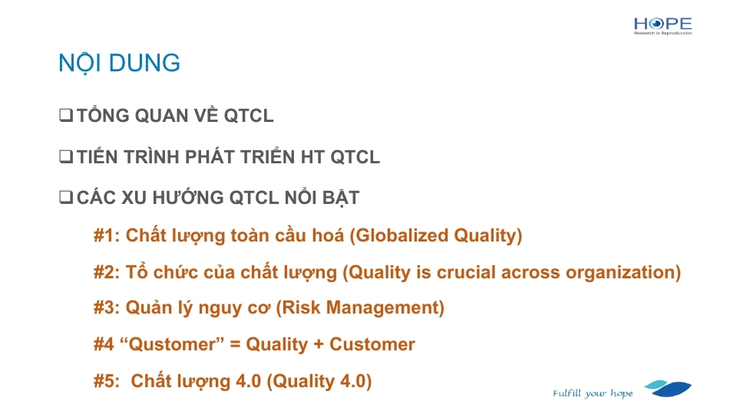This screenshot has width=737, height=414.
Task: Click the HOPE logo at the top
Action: coord(663,26)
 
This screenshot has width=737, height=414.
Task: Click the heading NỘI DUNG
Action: coord(119,64)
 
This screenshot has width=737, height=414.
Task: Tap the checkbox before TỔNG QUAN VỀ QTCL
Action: coord(66,115)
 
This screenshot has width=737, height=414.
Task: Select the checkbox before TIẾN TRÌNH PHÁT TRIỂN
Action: coord(66,156)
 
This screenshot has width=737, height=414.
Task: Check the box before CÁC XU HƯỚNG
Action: coord(66,197)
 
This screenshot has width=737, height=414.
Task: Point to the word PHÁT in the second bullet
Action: coord(209,156)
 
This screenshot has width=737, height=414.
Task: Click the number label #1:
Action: coord(107,235)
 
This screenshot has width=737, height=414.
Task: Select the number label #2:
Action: coord(107,272)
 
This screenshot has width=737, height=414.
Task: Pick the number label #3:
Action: coord(107,308)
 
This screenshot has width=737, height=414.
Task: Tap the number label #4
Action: coord(104,344)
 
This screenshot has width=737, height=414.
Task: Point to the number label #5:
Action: coord(107,381)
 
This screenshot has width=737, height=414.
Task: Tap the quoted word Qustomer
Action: coord(172,344)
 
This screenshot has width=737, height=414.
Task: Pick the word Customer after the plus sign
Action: coord(372,344)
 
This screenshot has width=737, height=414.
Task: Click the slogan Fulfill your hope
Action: coord(593,393)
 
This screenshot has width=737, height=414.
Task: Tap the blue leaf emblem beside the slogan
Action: coord(668,389)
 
